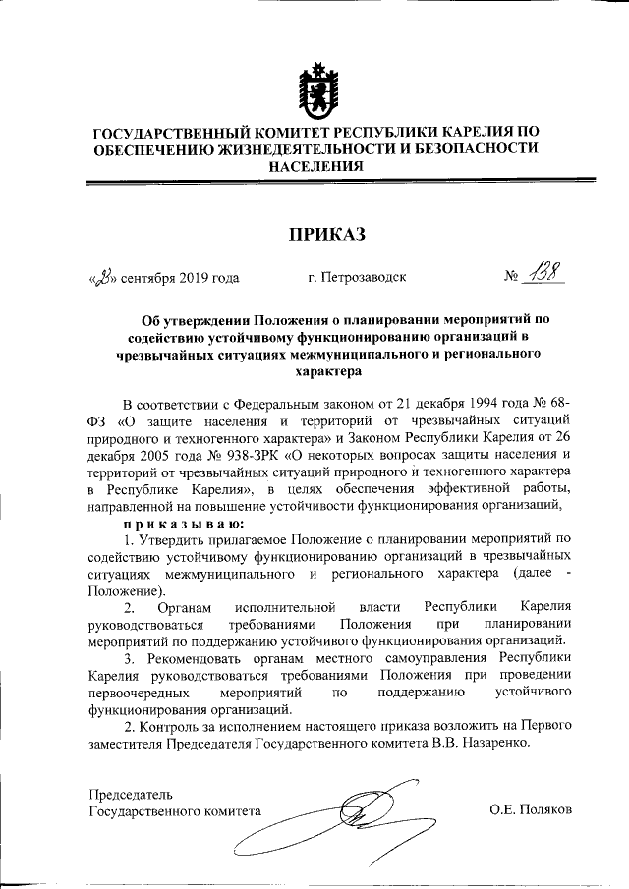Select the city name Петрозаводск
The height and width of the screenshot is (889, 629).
tap(356, 278)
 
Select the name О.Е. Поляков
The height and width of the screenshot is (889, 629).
tap(531, 810)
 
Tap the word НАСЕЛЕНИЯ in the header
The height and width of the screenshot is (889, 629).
tap(314, 166)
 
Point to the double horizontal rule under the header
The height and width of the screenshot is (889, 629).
tap(314, 181)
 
